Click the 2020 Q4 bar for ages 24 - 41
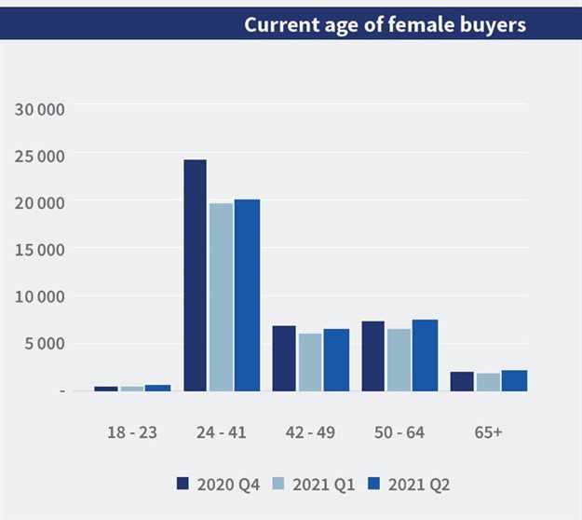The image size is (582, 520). [196, 275]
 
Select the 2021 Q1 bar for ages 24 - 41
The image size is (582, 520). [222, 296]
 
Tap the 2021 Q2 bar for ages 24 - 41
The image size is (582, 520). [247, 294]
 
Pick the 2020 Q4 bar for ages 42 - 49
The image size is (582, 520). [284, 358]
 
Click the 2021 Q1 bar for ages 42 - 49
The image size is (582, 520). [310, 362]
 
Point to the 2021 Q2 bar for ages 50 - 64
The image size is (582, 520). [425, 355]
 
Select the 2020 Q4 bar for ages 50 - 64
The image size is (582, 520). [372, 356]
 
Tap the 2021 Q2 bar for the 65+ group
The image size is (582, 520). [514, 380]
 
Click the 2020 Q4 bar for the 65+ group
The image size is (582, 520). [462, 381]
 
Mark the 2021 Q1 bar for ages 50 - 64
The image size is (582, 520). [399, 359]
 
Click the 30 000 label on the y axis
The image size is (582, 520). [40, 110]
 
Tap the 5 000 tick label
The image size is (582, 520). [44, 343]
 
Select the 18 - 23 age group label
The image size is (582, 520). [132, 432]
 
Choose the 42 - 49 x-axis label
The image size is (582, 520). [309, 432]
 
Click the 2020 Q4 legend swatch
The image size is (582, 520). [183, 484]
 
